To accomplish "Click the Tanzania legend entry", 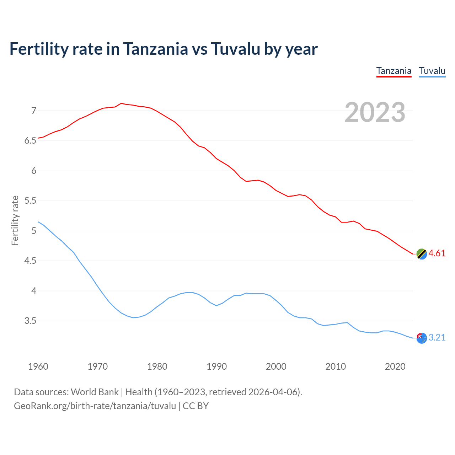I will (394, 71).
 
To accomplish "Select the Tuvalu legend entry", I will (432, 71).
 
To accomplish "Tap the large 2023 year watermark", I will (375, 112).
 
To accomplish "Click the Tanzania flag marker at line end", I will (421, 254).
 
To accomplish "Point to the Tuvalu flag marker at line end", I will (421, 338).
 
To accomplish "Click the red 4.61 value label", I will (437, 253).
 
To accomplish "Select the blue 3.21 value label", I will (437, 337).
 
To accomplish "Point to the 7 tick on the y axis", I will (34, 111).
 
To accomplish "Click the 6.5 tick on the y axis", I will (30, 141).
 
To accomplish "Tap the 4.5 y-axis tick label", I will (30, 261).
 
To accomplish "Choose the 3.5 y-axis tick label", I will (30, 321).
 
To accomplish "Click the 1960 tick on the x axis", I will (38, 366).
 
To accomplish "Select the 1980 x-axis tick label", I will (157, 366).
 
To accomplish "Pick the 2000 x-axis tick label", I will (276, 366).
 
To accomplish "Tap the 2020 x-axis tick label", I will (395, 366).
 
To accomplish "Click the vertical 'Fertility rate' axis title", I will (15, 220).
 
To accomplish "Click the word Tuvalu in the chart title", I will (235, 49).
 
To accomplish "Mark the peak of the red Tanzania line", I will (121, 103).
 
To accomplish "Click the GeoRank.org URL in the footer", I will (95, 406).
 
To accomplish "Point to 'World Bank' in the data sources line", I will (95, 392).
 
